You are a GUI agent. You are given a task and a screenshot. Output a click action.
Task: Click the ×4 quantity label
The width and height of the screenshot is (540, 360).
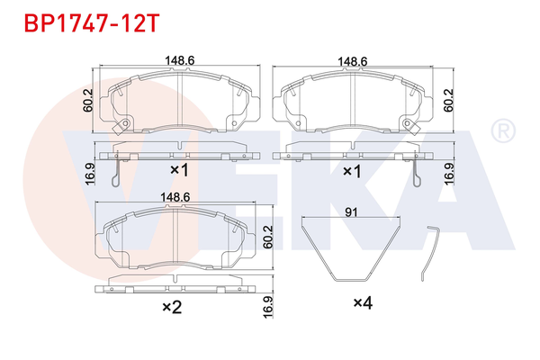(x=362, y=304)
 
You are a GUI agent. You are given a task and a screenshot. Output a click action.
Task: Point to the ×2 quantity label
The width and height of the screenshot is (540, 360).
(x=170, y=307)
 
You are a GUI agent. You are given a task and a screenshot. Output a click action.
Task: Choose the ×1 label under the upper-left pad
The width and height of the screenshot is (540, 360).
(x=177, y=170)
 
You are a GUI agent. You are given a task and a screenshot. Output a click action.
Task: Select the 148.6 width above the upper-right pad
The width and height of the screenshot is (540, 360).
(x=352, y=62)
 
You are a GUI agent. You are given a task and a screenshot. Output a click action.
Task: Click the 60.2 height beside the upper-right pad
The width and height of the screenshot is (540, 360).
(x=446, y=101)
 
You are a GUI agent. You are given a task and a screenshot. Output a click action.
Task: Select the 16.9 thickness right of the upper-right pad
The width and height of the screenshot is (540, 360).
(x=446, y=173)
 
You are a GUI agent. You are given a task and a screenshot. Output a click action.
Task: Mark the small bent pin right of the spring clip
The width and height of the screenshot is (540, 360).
(x=431, y=251)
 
